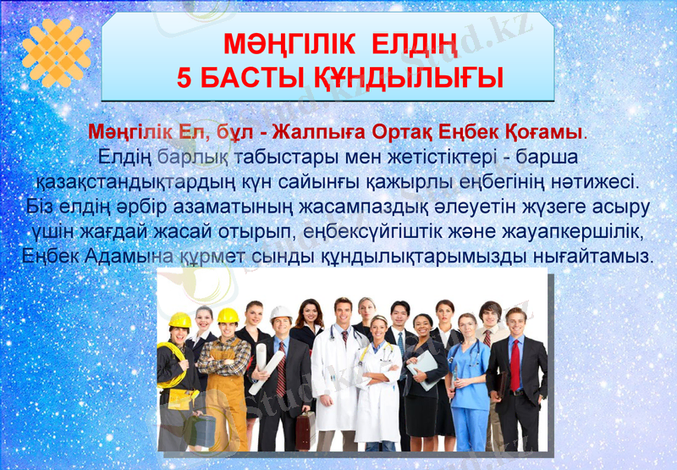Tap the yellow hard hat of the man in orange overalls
tap(228, 316)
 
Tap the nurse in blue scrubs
tap(468, 381)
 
